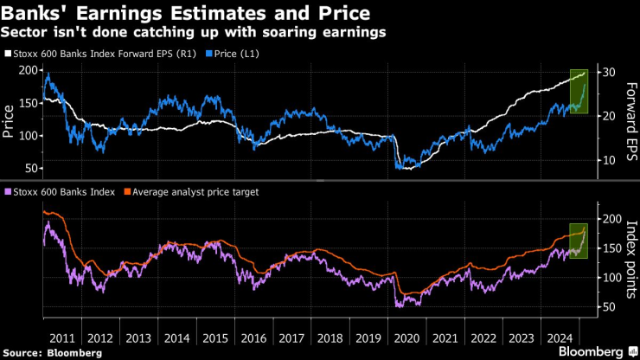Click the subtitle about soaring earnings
(194, 33)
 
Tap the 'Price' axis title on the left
(10, 121)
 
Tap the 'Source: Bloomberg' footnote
(53, 351)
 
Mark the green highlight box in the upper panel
(577, 92)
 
